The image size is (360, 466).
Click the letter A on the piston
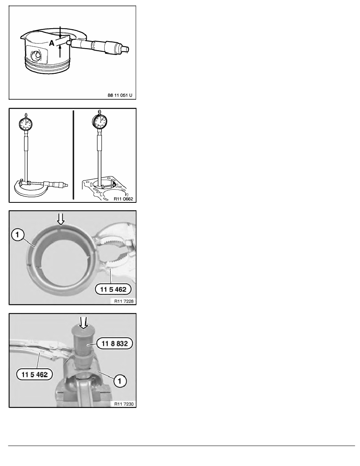51,45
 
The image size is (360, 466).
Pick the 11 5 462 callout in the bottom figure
33,374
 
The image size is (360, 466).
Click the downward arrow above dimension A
60,32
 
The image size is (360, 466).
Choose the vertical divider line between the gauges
73,155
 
